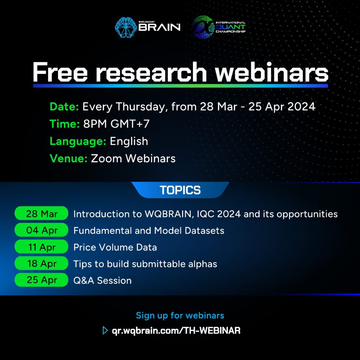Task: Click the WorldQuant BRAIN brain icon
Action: (x=126, y=27)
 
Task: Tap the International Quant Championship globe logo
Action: (x=203, y=27)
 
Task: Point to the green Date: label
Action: (x=64, y=107)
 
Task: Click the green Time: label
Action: (x=65, y=124)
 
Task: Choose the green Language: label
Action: (x=78, y=141)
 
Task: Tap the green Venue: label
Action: (x=69, y=159)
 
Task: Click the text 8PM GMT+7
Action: (x=116, y=124)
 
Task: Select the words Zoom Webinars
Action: (x=133, y=159)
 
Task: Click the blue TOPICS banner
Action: (x=180, y=190)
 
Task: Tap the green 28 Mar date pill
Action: (x=41, y=213)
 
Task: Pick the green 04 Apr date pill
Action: (x=41, y=230)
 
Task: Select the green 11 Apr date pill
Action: (x=41, y=247)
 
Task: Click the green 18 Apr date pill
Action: (x=41, y=263)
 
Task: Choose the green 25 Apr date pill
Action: (x=41, y=280)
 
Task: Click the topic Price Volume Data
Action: (x=115, y=247)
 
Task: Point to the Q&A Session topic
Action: (x=102, y=281)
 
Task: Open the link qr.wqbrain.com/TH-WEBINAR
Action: (x=176, y=330)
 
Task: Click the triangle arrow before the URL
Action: (x=105, y=330)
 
